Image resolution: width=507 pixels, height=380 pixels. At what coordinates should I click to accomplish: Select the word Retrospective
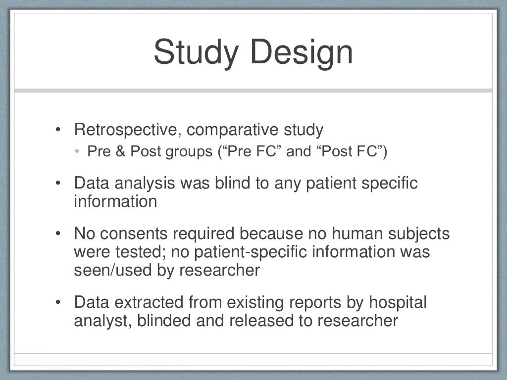128,130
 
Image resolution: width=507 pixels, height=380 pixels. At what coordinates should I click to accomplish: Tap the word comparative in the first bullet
232,130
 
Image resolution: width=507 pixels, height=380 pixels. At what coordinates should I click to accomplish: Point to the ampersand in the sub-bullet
120,151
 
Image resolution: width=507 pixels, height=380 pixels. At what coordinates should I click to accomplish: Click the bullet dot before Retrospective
58,131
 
